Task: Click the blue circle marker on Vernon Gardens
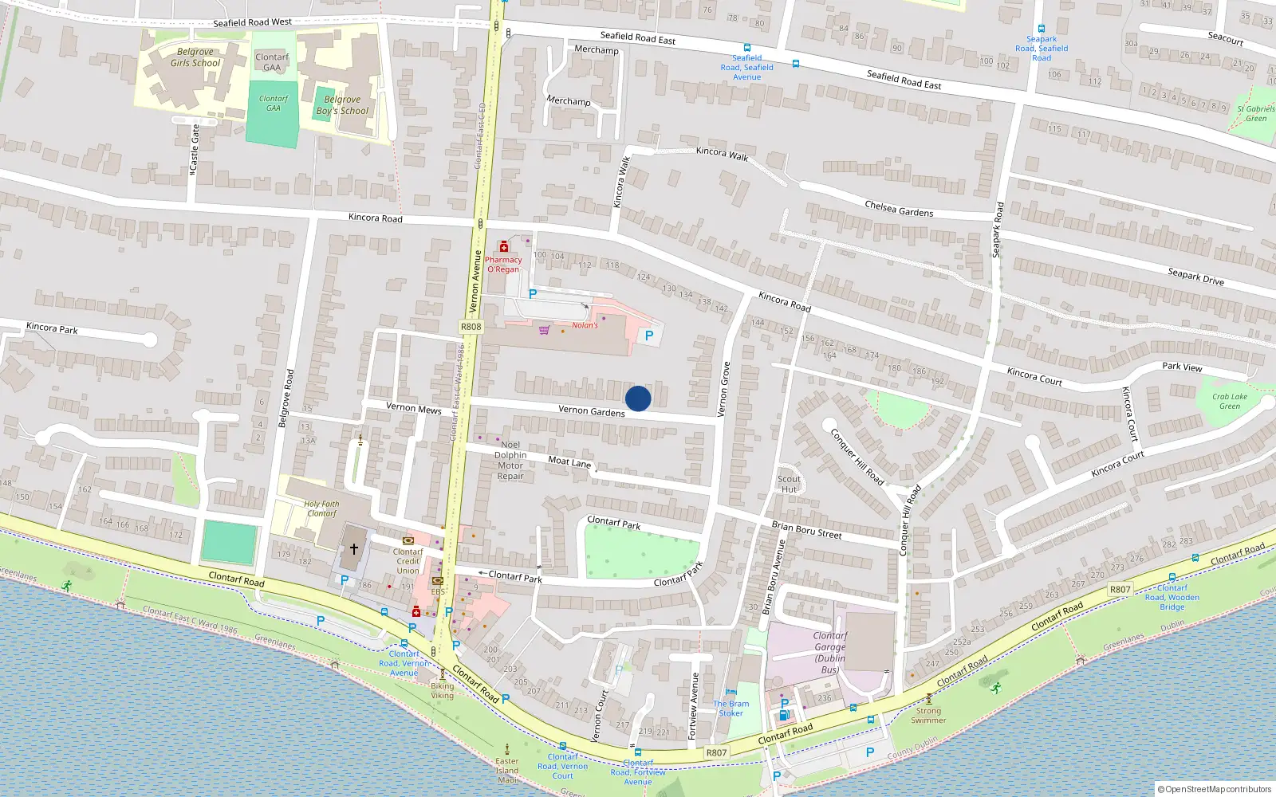tap(638, 398)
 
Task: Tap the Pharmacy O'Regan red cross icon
tap(504, 247)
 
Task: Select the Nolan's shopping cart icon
tap(544, 330)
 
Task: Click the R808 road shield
tap(471, 327)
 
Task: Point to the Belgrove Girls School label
tap(195, 57)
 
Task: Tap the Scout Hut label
tap(789, 484)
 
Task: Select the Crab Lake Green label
tap(1230, 401)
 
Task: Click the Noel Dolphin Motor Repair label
tap(510, 461)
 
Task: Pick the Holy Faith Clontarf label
tap(321, 508)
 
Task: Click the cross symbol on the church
tap(354, 549)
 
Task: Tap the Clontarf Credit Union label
tap(408, 561)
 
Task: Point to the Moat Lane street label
tap(569, 461)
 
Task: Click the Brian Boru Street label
tap(806, 530)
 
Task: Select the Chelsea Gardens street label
tap(899, 209)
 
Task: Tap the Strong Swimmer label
tap(928, 715)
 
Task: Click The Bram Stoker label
tap(731, 709)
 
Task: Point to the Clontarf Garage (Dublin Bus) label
tap(830, 653)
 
